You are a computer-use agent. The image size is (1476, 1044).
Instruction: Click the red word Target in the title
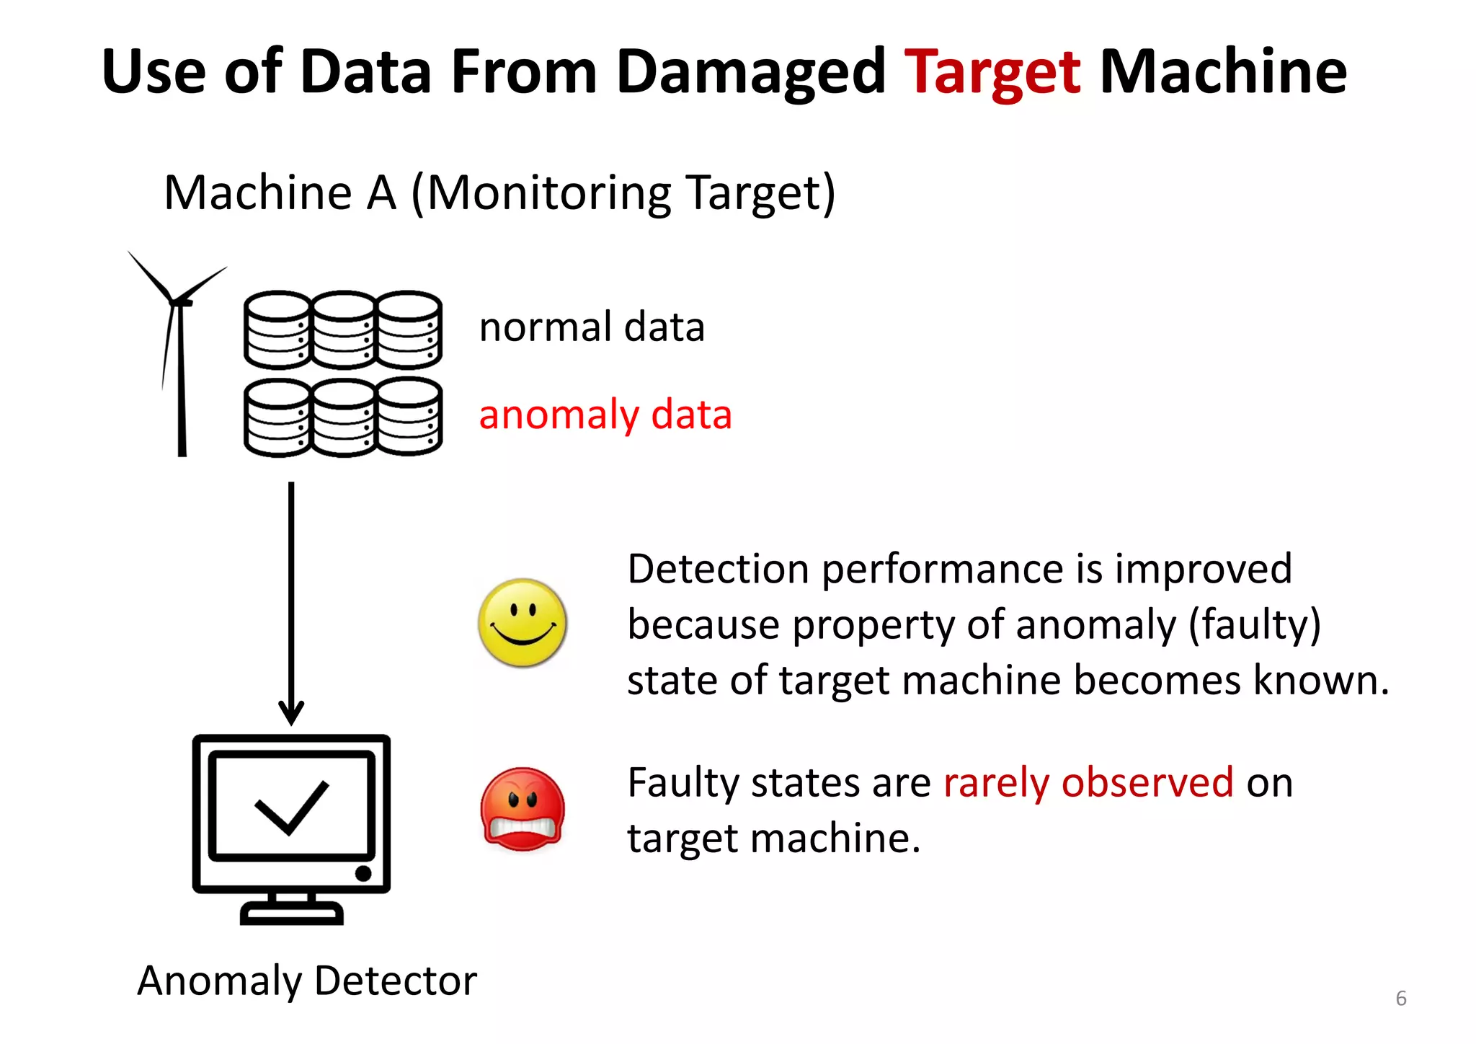992,72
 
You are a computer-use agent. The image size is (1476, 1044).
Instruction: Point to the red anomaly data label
605,415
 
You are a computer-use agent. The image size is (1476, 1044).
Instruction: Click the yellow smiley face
523,622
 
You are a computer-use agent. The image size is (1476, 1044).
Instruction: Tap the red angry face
523,809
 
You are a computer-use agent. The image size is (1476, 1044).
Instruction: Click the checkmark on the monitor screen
292,808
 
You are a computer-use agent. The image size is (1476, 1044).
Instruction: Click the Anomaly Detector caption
307,981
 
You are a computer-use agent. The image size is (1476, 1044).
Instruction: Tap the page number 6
1401,999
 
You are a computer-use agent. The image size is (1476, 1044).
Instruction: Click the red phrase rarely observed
1088,782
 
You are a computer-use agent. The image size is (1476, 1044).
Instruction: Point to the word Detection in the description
718,569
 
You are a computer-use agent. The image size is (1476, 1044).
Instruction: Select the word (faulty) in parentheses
1254,624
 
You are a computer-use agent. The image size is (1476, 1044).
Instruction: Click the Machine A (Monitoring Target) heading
499,193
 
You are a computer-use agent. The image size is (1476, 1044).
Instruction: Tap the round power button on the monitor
363,874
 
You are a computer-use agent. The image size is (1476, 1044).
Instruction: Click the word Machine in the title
1223,72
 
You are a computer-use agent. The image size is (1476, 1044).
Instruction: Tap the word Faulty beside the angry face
683,782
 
